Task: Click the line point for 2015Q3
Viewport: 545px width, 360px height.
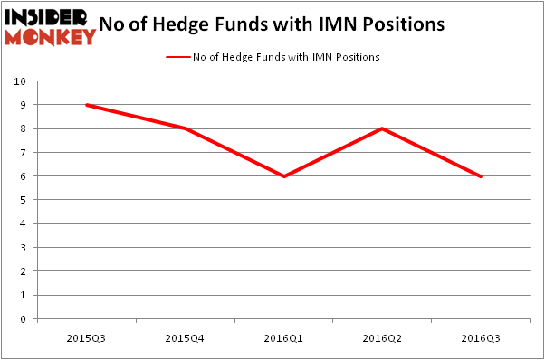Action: pos(86,105)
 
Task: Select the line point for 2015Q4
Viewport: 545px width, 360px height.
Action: pos(186,128)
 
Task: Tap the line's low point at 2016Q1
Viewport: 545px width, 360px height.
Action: pos(284,176)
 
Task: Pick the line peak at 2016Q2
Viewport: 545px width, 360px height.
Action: pos(383,128)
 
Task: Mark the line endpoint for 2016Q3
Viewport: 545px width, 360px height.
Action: pos(482,176)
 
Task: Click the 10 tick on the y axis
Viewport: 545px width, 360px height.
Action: pos(20,81)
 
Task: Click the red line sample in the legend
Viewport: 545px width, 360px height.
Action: pos(177,57)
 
